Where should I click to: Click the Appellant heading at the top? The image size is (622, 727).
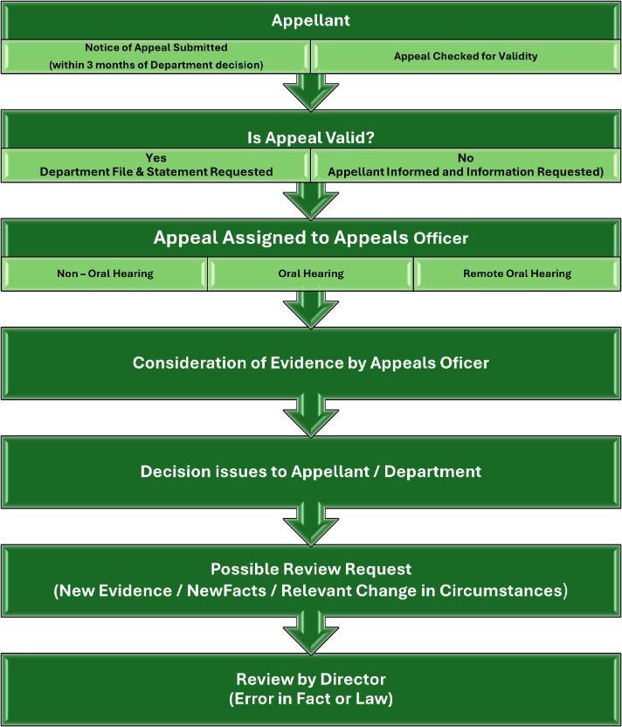tap(310, 19)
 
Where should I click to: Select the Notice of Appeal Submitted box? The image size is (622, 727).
tap(155, 55)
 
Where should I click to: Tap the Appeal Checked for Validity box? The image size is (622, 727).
tap(466, 56)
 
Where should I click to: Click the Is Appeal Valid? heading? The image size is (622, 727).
tap(310, 137)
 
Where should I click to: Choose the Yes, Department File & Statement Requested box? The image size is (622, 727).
tap(155, 166)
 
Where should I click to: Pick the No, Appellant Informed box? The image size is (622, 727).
tap(466, 166)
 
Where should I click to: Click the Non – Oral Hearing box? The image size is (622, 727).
tap(105, 273)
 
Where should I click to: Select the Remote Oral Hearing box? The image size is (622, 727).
tap(517, 273)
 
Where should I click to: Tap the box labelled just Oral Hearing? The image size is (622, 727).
tap(310, 273)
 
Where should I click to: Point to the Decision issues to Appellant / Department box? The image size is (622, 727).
tap(310, 472)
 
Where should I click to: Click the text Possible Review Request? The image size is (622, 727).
tap(310, 569)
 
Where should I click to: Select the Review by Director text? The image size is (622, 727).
tap(310, 679)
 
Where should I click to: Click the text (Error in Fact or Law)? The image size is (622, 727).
tap(310, 698)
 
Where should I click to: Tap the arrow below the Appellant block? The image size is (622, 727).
tap(310, 90)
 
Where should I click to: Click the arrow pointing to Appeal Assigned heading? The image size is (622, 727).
tap(310, 200)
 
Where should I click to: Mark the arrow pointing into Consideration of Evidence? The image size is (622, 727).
tap(310, 308)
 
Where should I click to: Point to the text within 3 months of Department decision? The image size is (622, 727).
tap(155, 66)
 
